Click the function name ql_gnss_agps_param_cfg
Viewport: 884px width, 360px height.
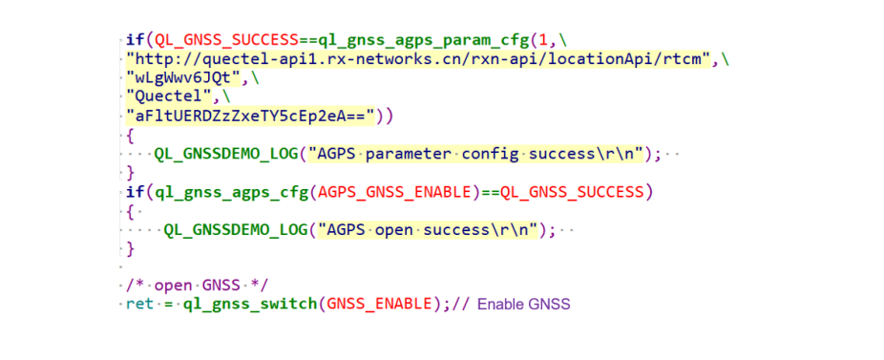coord(406,41)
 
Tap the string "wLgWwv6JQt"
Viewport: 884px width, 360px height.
coord(184,79)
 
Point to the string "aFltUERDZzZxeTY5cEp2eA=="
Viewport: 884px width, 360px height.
coord(251,116)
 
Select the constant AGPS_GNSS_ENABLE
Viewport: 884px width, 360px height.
coord(394,192)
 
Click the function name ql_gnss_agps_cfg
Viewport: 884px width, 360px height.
coord(231,193)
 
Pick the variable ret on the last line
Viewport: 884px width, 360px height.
coord(140,304)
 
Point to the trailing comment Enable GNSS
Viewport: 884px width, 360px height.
coord(524,305)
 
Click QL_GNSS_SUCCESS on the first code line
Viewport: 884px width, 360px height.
coord(226,41)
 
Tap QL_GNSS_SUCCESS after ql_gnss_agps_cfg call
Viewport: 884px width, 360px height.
coord(572,192)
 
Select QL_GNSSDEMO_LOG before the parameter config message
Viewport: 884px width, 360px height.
coord(226,154)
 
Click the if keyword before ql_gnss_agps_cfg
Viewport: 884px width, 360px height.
coord(136,192)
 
